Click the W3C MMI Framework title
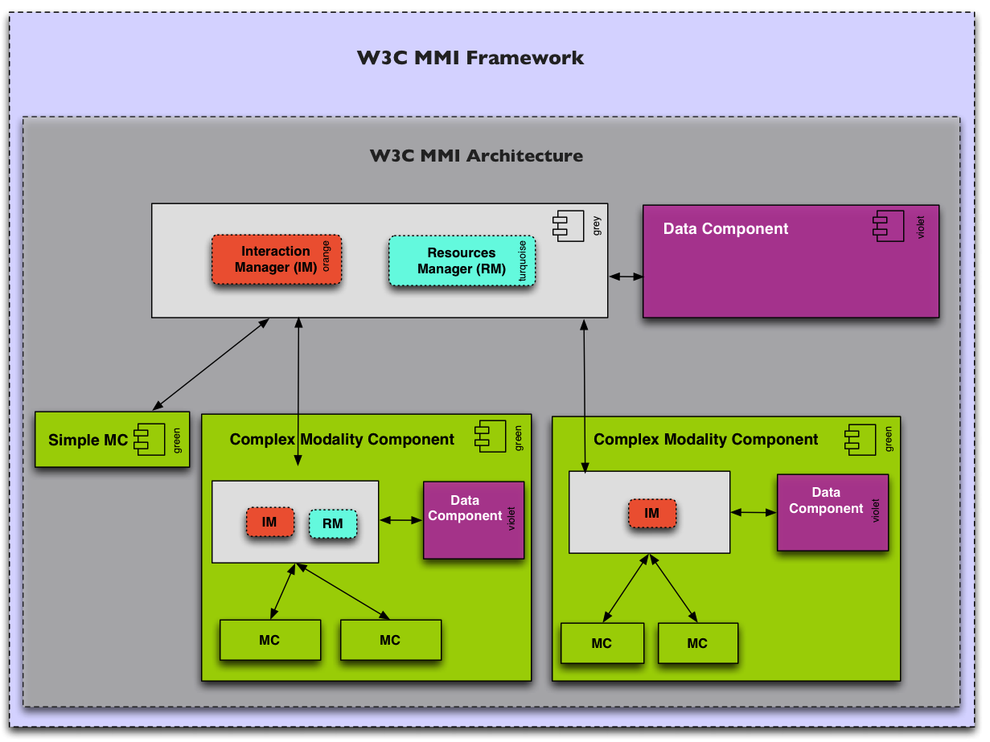tap(470, 58)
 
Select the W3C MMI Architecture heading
tap(476, 155)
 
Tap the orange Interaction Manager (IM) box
tap(276, 260)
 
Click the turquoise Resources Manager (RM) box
tap(462, 261)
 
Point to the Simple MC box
tap(112, 440)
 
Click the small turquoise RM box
tap(333, 524)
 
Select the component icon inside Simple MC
tap(150, 439)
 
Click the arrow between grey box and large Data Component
tap(626, 277)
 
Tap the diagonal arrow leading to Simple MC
tap(210, 363)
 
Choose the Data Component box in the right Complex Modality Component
tap(832, 512)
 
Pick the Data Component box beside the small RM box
tap(474, 520)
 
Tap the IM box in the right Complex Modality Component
tap(651, 514)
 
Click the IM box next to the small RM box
tap(269, 523)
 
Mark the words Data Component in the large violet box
tap(725, 229)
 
